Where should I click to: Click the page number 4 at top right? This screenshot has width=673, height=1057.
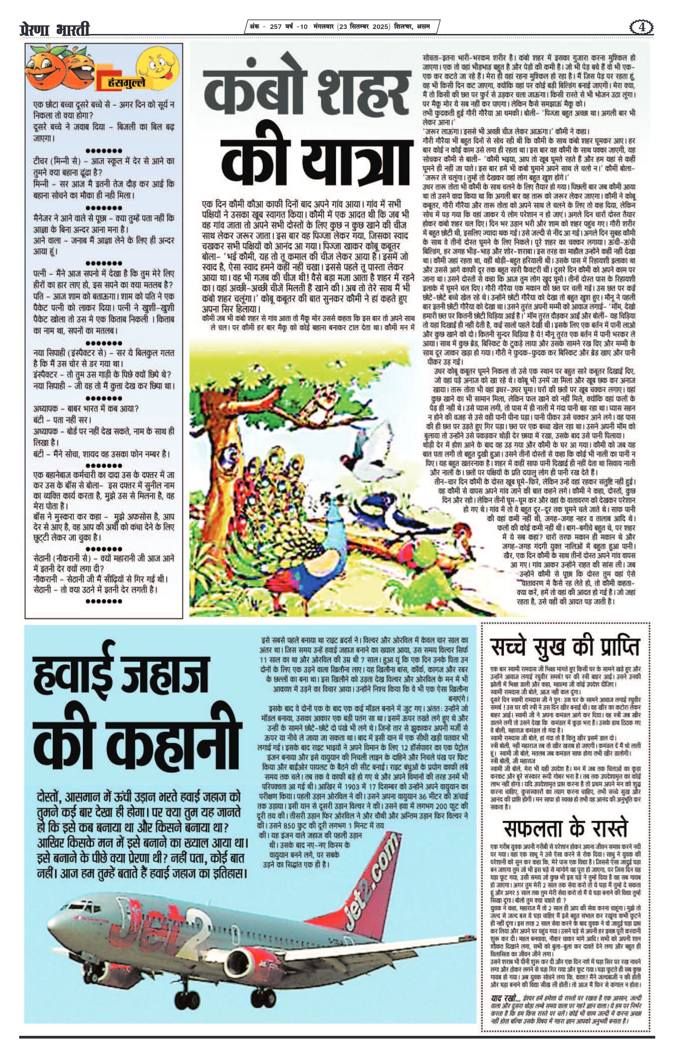pos(642,27)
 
